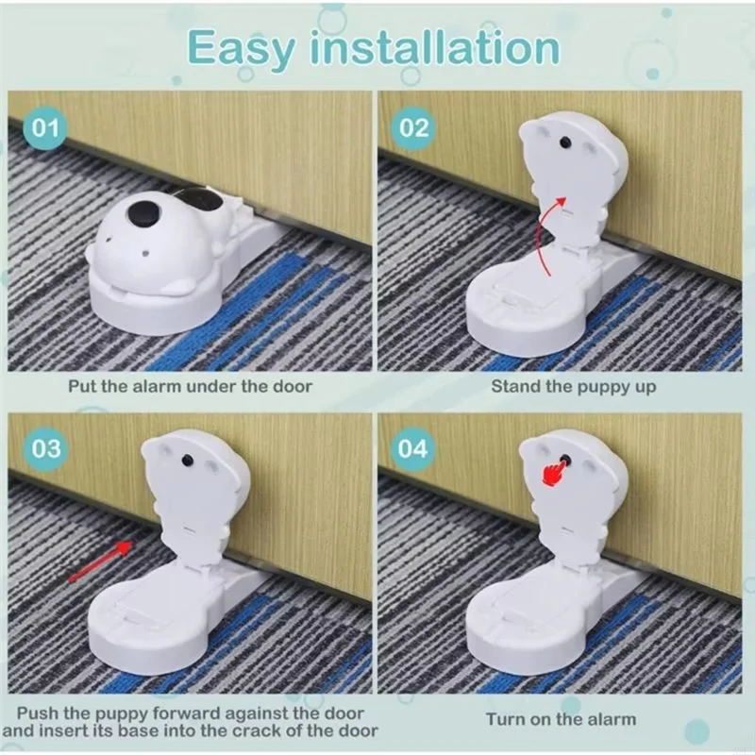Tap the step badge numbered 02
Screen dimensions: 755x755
click(x=414, y=127)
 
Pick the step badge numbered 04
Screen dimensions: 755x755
click(x=414, y=448)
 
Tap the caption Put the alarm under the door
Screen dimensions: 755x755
click(x=189, y=386)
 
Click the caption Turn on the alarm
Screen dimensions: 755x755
click(x=561, y=719)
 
